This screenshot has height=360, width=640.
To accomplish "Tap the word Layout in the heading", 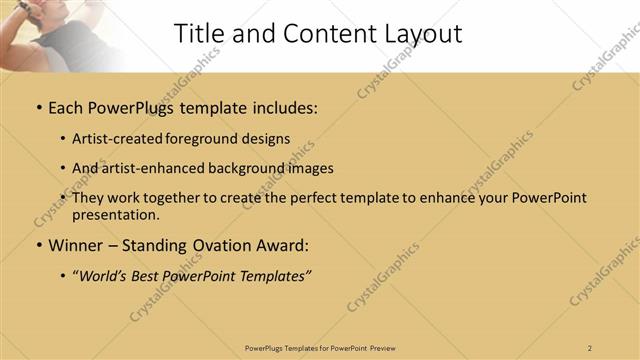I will (x=425, y=33).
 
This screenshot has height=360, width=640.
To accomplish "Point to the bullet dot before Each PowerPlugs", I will (x=38, y=106).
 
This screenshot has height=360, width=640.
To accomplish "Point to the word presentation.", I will (x=115, y=214).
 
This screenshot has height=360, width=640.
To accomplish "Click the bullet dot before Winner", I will (x=38, y=244).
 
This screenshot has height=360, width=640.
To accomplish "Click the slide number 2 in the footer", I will (x=590, y=347).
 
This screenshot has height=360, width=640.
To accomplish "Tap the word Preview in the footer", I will (x=383, y=347).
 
